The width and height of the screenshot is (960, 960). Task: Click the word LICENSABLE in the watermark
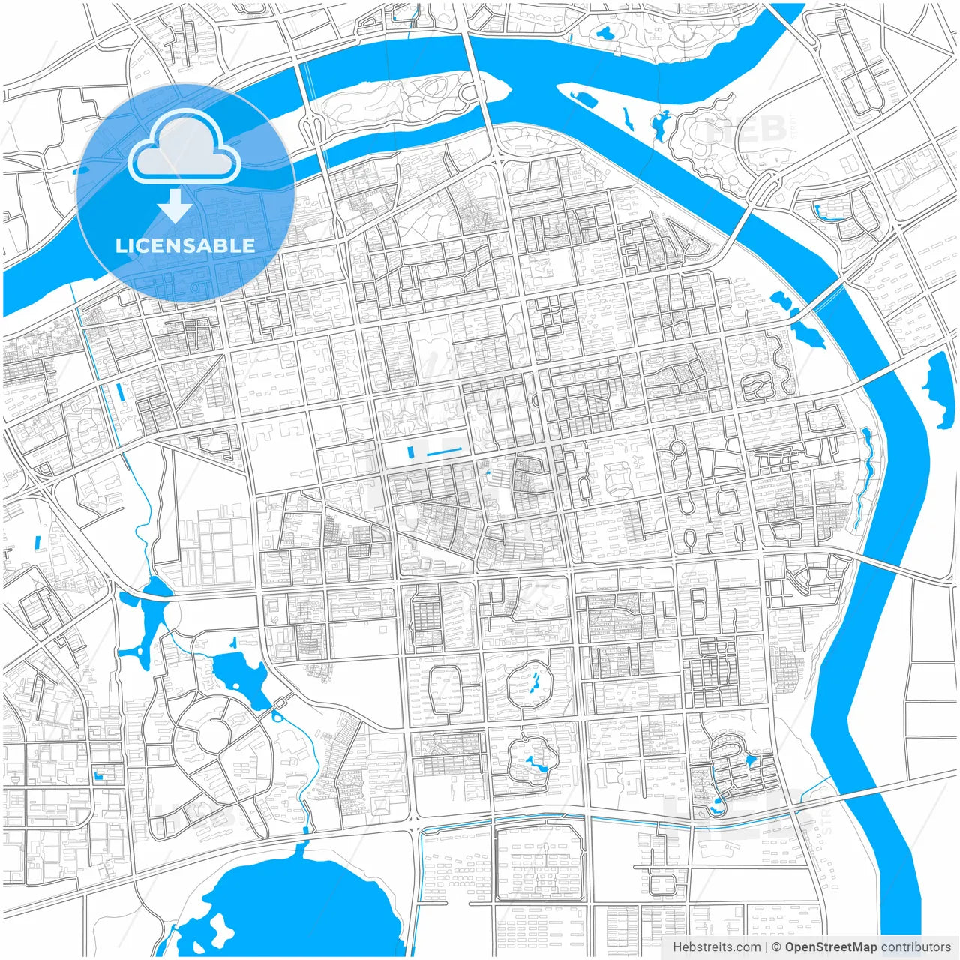tap(184, 245)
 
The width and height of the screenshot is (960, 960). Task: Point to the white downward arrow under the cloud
tap(175, 205)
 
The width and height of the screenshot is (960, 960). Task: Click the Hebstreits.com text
tap(716, 947)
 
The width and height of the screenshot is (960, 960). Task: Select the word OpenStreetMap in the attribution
tap(830, 947)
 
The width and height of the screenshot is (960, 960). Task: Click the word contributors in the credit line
tap(916, 947)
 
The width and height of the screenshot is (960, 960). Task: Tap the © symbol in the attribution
tap(776, 947)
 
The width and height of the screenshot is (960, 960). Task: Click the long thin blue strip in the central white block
tap(444, 451)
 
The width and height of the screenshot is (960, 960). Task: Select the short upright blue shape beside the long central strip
tap(409, 452)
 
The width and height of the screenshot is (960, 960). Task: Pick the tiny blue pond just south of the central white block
tap(487, 473)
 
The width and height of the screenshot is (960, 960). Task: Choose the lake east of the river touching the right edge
tap(937, 386)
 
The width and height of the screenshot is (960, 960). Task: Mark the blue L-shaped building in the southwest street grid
tap(98, 775)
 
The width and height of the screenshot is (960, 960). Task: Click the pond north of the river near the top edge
tap(604, 33)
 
